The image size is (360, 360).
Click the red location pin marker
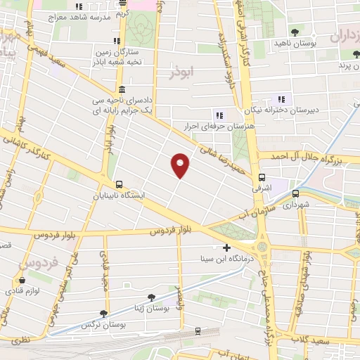click(x=181, y=165)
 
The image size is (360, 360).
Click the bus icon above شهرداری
click(x=295, y=193)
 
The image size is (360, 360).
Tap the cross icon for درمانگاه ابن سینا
click(x=226, y=247)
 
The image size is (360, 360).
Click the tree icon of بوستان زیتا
click(x=151, y=298)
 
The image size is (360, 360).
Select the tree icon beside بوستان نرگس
click(x=105, y=314)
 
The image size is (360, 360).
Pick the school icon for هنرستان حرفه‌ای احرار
click(x=219, y=115)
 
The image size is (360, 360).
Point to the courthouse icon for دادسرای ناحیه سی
click(x=122, y=89)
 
